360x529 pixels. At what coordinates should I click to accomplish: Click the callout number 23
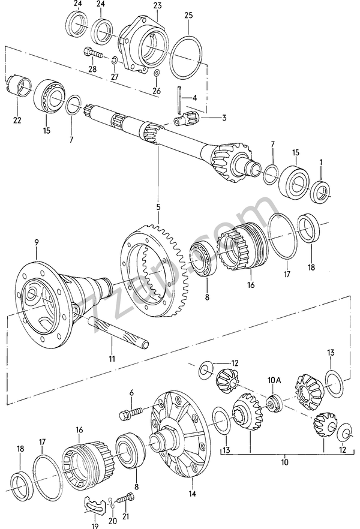tap(157, 6)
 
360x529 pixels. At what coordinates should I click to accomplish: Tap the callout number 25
tap(188, 15)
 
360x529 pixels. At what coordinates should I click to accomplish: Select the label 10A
tap(274, 380)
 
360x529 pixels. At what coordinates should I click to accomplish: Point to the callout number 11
tap(112, 359)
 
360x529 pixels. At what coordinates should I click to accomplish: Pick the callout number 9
tap(37, 242)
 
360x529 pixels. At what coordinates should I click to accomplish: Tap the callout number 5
tap(158, 207)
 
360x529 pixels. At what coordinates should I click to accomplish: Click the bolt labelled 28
tap(93, 53)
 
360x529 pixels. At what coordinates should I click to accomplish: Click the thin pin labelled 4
tap(179, 100)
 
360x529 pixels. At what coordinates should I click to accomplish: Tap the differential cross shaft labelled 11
tap(118, 333)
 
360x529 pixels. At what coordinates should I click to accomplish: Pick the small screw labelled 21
tap(125, 499)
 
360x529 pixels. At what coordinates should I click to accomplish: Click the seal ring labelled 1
tap(321, 192)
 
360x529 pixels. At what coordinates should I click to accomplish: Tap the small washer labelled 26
tap(157, 73)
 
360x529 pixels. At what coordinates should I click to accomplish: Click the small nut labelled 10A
tap(274, 403)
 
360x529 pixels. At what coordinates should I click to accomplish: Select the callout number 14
tap(192, 494)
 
